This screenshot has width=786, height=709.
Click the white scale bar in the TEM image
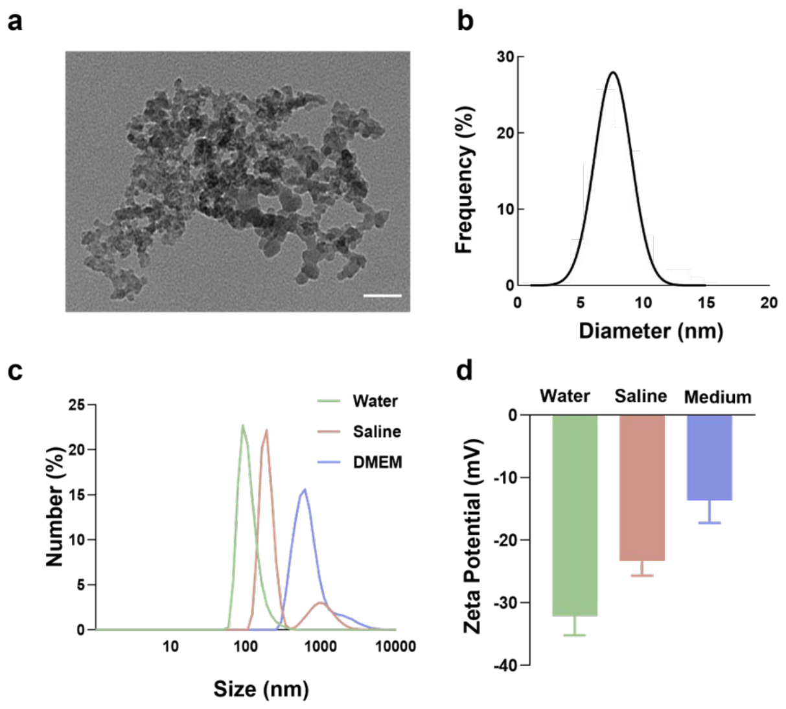[382, 296]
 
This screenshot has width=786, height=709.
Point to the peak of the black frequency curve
[613, 72]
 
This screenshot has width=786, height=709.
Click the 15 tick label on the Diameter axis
[706, 303]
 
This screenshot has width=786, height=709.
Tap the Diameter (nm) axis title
[651, 331]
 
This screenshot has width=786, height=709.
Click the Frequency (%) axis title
[465, 179]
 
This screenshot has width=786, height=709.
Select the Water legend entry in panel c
[358, 401]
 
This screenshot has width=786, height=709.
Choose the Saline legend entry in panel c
[359, 432]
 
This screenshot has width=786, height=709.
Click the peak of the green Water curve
[243, 425]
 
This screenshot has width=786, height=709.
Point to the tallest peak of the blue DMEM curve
[305, 489]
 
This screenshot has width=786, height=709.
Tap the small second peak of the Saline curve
[321, 603]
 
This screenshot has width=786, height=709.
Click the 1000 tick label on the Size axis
[321, 646]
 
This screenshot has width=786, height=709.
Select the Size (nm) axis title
[261, 689]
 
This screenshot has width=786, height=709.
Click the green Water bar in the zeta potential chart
[575, 515]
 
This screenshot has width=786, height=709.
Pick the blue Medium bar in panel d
[710, 458]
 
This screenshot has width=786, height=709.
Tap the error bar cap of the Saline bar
[642, 575]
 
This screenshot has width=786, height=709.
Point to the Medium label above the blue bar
[717, 397]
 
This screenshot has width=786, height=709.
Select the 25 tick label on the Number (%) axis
[76, 404]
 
